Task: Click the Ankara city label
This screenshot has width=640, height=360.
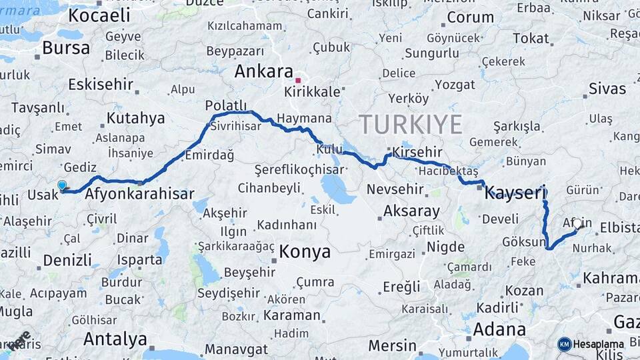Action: coord(265,72)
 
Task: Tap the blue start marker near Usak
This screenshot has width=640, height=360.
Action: coord(62,185)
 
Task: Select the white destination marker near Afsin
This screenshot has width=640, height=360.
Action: coord(577,223)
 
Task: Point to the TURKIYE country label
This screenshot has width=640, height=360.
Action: coord(411,125)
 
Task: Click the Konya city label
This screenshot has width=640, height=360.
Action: coord(305,251)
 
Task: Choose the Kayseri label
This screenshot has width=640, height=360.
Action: coord(515,193)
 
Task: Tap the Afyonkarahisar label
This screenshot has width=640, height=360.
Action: coord(140,194)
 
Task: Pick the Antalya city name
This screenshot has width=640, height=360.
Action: coord(115,339)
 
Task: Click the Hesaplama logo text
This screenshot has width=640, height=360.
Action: coord(599,344)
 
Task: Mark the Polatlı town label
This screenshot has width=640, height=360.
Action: coord(226,105)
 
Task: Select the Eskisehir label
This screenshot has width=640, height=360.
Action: coord(100,85)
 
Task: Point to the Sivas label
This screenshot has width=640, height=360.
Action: coord(607,89)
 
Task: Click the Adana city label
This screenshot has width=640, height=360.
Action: coord(499,329)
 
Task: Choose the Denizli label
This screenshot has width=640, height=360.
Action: coord(67,260)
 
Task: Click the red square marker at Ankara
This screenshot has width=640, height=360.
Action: coord(298,81)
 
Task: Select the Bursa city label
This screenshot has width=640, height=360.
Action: coord(65,48)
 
